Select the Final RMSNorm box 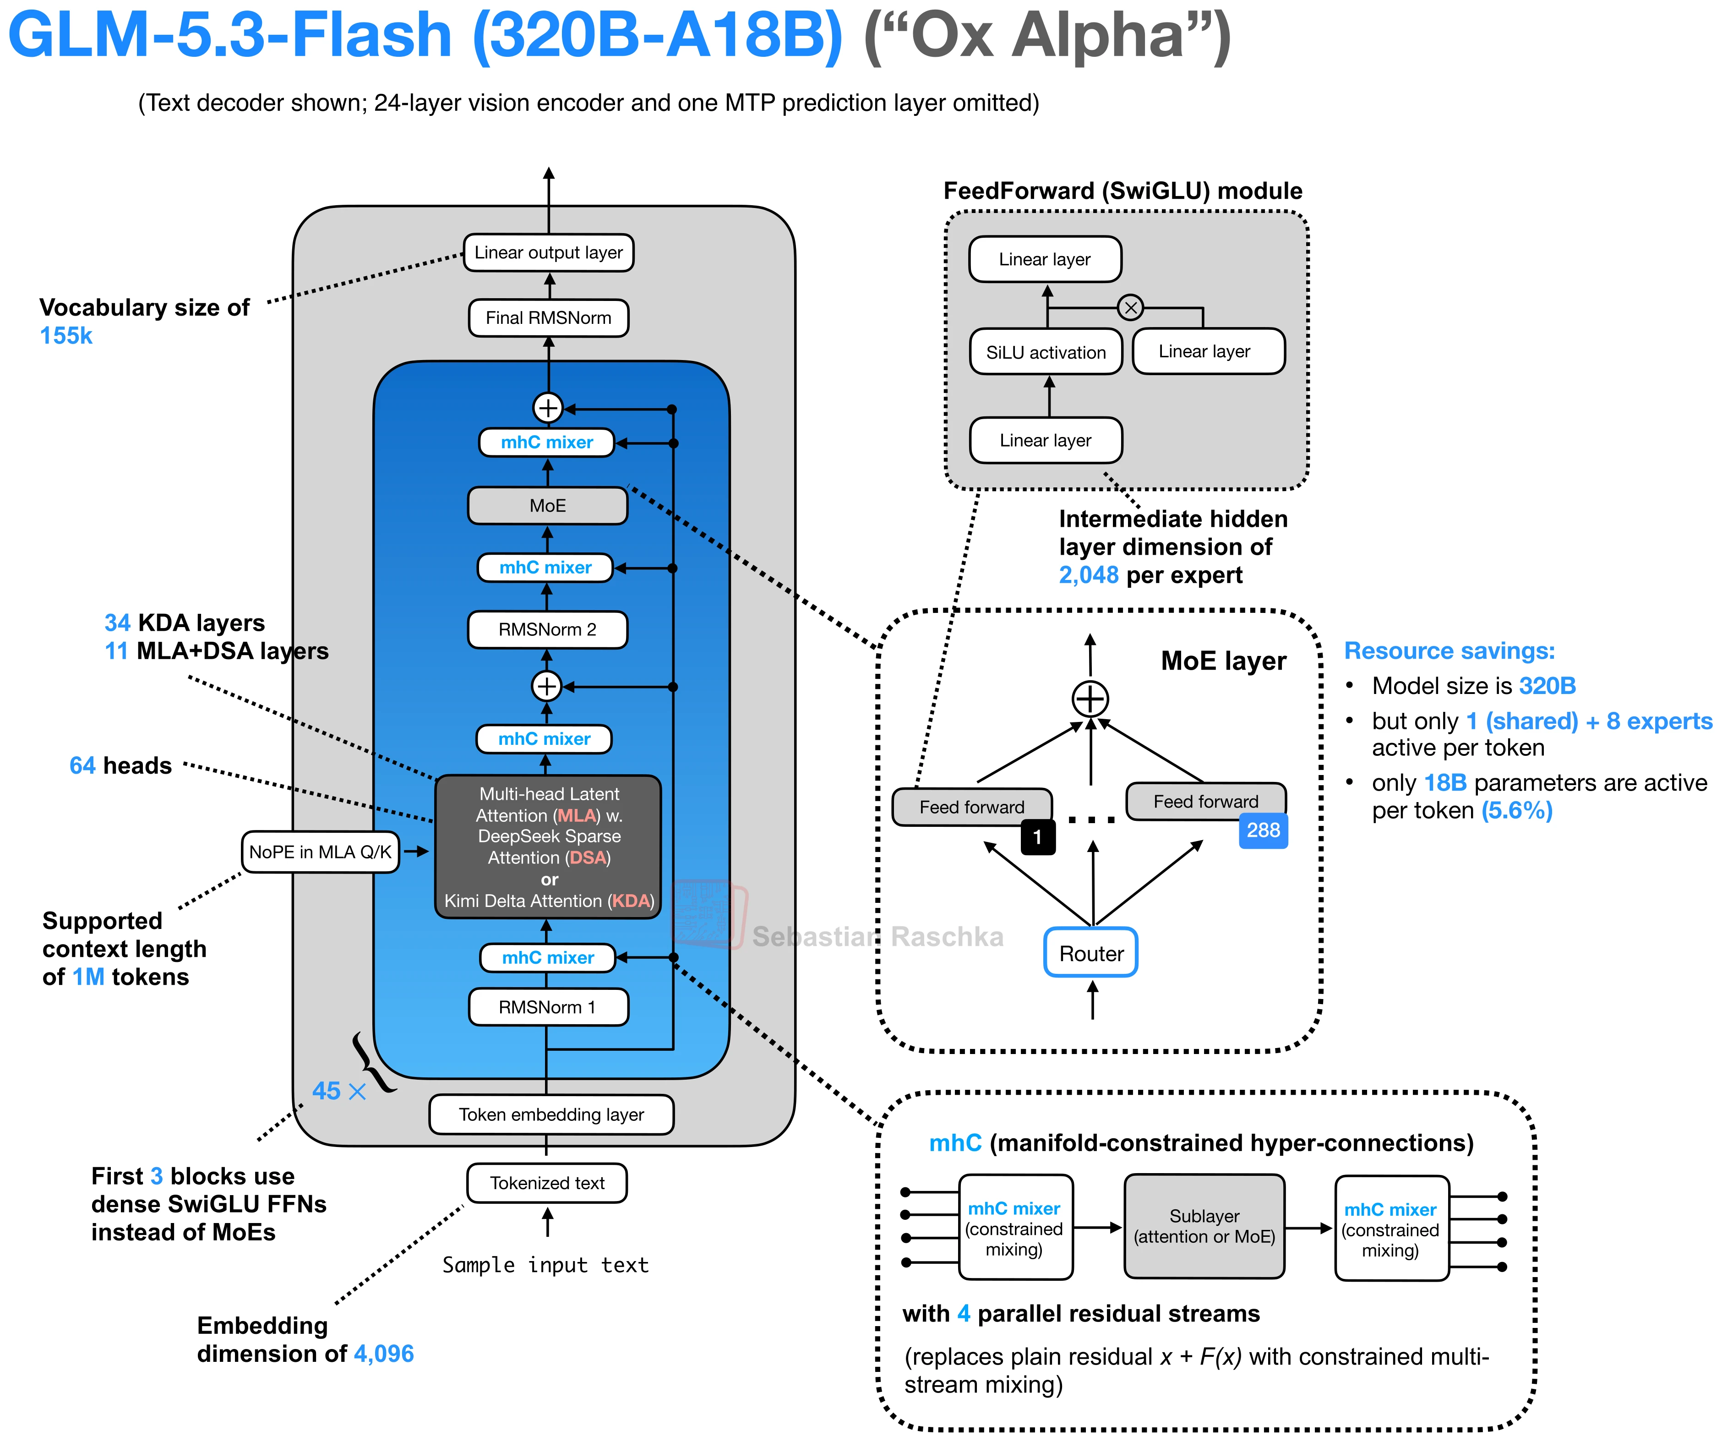click(x=549, y=318)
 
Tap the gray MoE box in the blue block click(x=548, y=505)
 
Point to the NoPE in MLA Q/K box click(x=320, y=852)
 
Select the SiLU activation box click(x=1046, y=352)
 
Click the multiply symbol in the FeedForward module click(x=1131, y=308)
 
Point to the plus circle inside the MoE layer click(x=1090, y=699)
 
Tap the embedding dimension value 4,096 click(x=384, y=1354)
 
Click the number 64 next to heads click(x=82, y=765)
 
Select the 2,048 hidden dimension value click(x=1088, y=575)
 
